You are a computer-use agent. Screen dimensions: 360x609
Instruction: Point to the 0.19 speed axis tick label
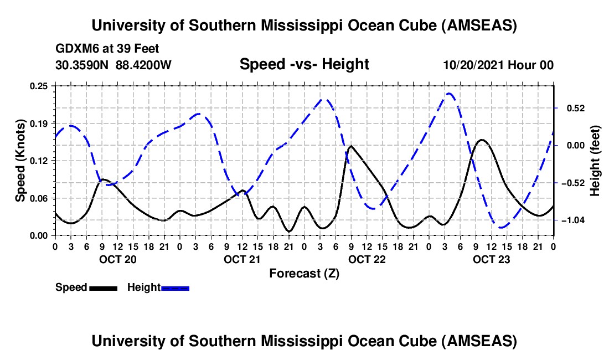(40, 123)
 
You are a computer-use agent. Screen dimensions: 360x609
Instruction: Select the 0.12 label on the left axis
(40, 161)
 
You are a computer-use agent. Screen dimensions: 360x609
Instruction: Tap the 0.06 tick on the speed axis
(40, 198)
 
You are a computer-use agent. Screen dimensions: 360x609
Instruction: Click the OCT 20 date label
(117, 259)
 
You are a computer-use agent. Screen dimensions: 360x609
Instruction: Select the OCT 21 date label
(242, 259)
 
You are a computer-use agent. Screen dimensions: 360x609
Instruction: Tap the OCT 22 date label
(367, 259)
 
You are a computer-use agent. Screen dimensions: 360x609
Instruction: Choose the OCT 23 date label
(491, 259)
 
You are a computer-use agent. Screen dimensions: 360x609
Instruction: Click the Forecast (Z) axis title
(304, 273)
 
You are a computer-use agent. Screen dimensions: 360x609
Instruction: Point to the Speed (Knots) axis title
(20, 161)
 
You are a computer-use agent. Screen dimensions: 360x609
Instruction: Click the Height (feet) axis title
(595, 161)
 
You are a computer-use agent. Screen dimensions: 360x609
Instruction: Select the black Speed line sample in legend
(103, 287)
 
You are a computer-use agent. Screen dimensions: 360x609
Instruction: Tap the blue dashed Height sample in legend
(176, 287)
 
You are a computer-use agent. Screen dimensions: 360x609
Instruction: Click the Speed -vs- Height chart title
(304, 64)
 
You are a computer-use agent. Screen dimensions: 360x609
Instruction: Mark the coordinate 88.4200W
(143, 65)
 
